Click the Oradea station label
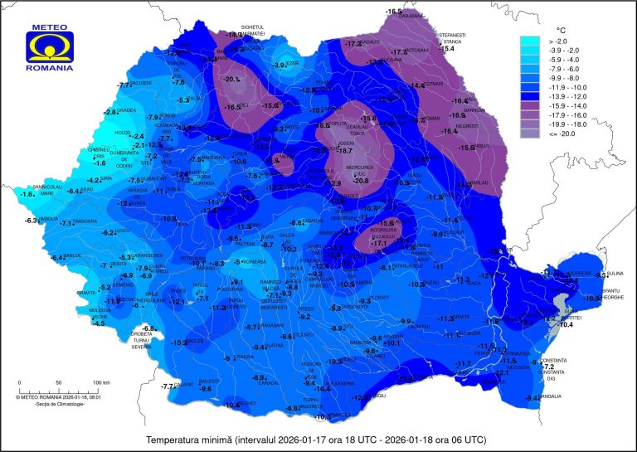127,111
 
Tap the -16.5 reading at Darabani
393,10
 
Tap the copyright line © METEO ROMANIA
53,396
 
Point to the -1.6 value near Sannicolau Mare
27,194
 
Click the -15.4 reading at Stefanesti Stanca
448,50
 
